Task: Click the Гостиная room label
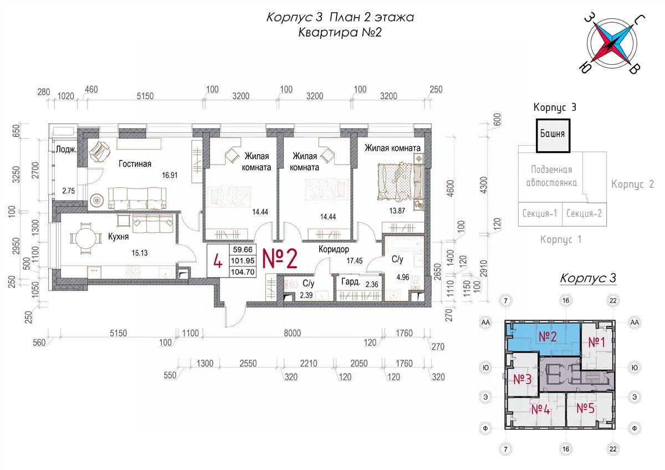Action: pyautogui.click(x=135, y=164)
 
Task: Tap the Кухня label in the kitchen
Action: pyautogui.click(x=118, y=237)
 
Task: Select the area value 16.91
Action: pyautogui.click(x=170, y=175)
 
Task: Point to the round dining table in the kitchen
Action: pyautogui.click(x=85, y=238)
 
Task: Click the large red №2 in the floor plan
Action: pyautogui.click(x=280, y=259)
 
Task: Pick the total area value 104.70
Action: pyautogui.click(x=243, y=272)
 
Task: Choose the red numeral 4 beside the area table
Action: pyautogui.click(x=218, y=262)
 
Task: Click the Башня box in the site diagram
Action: pyautogui.click(x=553, y=135)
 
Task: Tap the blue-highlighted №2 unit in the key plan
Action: pyautogui.click(x=544, y=339)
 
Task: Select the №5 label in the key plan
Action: pyautogui.click(x=585, y=408)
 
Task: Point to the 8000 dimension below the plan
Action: pyautogui.click(x=292, y=333)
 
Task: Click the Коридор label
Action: pyautogui.click(x=334, y=249)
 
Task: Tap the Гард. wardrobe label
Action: pyautogui.click(x=351, y=282)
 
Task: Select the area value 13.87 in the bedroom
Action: pyautogui.click(x=397, y=211)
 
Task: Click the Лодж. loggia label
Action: pyautogui.click(x=66, y=149)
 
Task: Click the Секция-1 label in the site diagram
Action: pyautogui.click(x=540, y=213)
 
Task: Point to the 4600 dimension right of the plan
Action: pyautogui.click(x=450, y=188)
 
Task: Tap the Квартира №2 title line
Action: pyautogui.click(x=340, y=32)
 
